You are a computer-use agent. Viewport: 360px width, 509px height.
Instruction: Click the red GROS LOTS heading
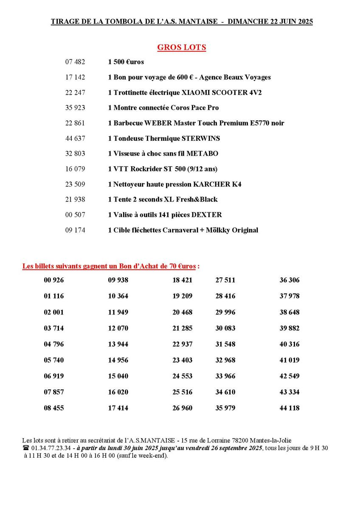(182, 48)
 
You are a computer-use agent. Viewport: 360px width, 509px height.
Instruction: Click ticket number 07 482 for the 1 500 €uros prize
(75, 62)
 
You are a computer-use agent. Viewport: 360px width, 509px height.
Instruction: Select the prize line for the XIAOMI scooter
(185, 92)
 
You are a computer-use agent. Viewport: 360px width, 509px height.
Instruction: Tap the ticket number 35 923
(75, 108)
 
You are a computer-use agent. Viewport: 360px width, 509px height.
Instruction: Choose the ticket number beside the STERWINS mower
(75, 138)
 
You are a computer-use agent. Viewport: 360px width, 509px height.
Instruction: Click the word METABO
(204, 154)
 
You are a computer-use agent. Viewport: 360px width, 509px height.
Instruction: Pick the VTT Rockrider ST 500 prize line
(163, 169)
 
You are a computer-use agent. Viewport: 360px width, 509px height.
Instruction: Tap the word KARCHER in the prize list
(211, 184)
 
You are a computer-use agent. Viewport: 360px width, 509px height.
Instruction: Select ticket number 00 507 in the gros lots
(75, 215)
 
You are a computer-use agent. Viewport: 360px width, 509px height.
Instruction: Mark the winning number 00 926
(54, 280)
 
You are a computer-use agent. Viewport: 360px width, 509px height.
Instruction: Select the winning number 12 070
(118, 328)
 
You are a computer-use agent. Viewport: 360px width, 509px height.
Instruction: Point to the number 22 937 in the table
(183, 344)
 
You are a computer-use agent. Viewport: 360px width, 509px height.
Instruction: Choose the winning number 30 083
(225, 328)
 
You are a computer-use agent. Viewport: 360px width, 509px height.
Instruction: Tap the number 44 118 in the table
(290, 408)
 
